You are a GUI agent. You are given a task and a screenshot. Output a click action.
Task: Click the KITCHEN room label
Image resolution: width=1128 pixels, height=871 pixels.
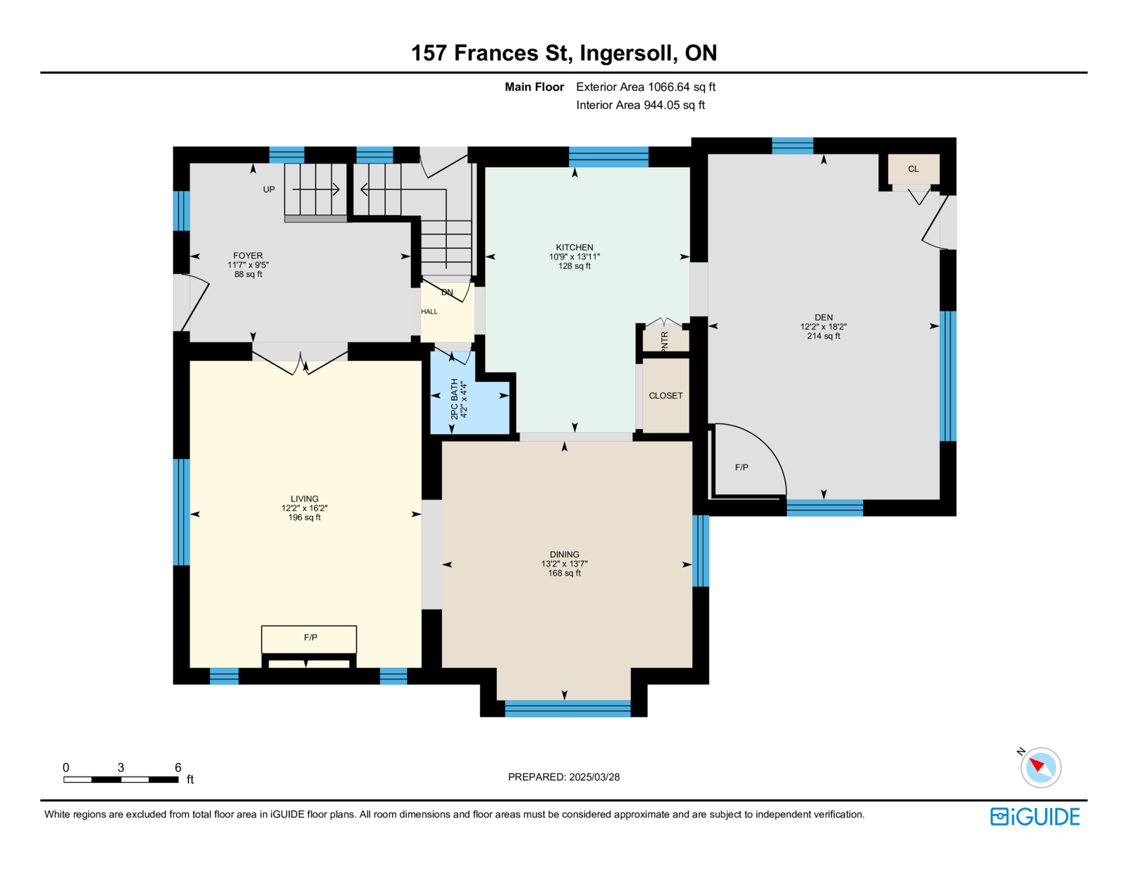coord(574,247)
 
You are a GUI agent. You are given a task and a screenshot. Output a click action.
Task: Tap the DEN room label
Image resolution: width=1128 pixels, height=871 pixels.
coord(823,318)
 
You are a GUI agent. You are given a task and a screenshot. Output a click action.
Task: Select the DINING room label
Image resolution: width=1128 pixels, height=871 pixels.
coord(564,555)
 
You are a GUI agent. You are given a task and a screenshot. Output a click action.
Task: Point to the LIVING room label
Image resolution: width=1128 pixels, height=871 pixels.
coord(304,498)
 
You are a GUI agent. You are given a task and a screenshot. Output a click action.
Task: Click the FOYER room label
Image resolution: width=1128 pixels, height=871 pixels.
coord(247,255)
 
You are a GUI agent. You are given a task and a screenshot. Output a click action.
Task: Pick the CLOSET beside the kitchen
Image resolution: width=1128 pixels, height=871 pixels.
coord(666,396)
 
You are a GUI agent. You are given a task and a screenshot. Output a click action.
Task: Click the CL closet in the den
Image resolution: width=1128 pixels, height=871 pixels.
coord(913,169)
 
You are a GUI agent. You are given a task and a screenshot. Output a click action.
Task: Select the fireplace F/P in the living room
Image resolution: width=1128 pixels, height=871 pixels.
coord(309,639)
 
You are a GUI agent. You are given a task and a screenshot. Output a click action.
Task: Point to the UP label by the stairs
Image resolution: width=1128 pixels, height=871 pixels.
coord(269,190)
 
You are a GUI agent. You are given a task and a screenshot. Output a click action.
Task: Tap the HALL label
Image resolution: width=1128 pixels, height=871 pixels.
coord(429,311)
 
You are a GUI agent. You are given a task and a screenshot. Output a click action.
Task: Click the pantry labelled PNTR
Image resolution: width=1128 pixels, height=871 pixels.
coord(666,341)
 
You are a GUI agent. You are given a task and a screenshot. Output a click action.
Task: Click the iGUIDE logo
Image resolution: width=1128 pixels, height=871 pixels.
coord(1034,817)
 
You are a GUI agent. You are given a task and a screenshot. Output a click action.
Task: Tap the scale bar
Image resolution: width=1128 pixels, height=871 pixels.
coord(121,779)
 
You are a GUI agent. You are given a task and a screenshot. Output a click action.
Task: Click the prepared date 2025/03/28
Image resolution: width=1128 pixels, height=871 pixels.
coord(594,777)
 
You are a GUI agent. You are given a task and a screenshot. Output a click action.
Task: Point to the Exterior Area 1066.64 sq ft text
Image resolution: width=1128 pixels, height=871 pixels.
coord(645,87)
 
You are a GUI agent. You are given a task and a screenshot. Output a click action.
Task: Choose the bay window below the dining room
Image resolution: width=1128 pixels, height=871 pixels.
coord(568,709)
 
